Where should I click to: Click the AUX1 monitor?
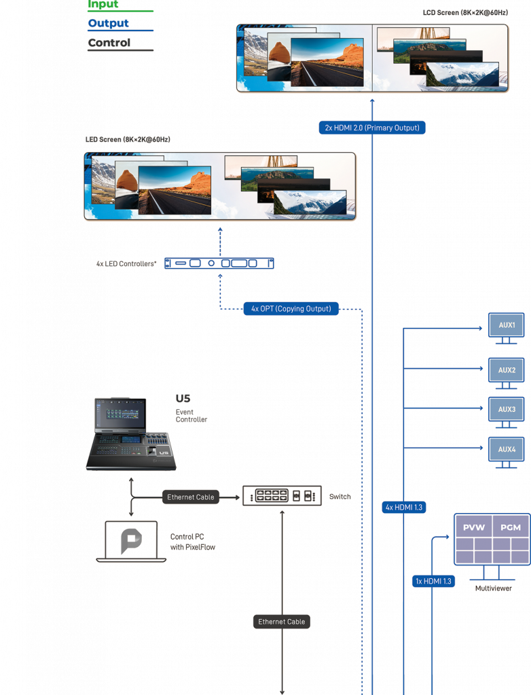507,326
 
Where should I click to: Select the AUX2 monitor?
507,371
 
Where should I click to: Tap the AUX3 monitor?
507,410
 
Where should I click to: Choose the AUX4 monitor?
507,449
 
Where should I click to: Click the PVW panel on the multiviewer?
473,527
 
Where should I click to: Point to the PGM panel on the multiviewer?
511,527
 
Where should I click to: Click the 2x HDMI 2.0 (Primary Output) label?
372,128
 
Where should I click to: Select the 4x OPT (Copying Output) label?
291,309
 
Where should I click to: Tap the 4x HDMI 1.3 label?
404,507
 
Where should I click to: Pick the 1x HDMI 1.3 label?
433,581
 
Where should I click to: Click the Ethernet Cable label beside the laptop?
191,497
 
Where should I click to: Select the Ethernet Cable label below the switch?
282,622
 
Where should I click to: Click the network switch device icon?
282,496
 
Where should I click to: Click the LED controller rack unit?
219,263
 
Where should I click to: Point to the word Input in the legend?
103,5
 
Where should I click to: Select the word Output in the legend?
108,24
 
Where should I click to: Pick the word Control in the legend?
109,43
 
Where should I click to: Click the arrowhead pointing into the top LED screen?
372,100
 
